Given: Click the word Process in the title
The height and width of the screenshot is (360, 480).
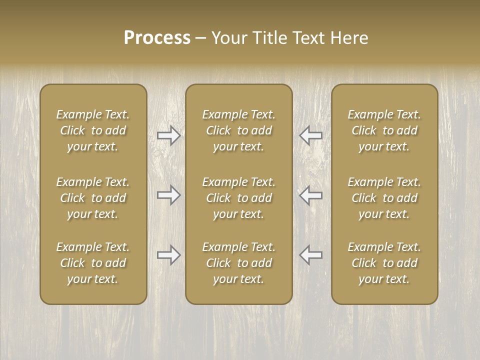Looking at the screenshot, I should (x=157, y=38).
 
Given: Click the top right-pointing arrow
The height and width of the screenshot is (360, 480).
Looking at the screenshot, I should (x=169, y=135).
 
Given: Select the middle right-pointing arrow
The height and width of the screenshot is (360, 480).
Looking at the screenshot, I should (x=169, y=195).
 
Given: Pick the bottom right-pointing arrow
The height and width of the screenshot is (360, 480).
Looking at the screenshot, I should (x=169, y=255).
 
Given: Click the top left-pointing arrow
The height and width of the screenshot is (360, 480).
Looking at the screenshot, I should (x=310, y=135).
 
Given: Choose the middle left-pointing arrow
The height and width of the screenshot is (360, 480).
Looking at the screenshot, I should (x=310, y=195).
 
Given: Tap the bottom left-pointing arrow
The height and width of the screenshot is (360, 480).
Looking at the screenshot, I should (x=310, y=254).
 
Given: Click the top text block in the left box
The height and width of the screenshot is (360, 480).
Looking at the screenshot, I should (x=93, y=130).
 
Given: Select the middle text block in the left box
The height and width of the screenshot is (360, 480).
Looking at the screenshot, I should (x=93, y=198).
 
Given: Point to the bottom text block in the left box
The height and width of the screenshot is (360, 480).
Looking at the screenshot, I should (x=93, y=263).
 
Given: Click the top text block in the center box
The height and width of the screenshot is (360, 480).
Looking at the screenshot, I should (x=239, y=130).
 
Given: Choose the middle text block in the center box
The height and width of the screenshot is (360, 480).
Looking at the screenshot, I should (x=239, y=198).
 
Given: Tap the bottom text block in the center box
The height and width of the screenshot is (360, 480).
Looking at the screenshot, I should (x=239, y=263).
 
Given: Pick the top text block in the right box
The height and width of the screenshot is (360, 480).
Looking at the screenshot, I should (x=384, y=130).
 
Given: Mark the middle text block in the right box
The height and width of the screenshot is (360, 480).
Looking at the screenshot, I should (x=384, y=198).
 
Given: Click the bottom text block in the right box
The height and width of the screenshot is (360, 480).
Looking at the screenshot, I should (x=384, y=263).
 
